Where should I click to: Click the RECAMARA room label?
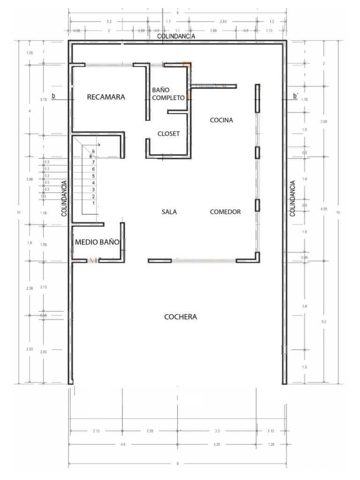106,97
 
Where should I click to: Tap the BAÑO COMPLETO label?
168,94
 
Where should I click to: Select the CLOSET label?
168,134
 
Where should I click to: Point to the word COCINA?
221,120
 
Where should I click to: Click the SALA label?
169,212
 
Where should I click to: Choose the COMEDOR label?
225,212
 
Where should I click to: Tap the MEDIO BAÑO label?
97,242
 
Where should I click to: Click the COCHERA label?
180,317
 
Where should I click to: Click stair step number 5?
94,176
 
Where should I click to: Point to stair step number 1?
94,203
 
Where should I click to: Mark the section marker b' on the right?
295,96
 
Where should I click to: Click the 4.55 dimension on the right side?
324,209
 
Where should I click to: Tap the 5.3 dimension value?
324,322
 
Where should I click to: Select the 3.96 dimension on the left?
30,180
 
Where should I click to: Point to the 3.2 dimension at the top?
109,22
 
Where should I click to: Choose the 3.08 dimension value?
324,122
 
